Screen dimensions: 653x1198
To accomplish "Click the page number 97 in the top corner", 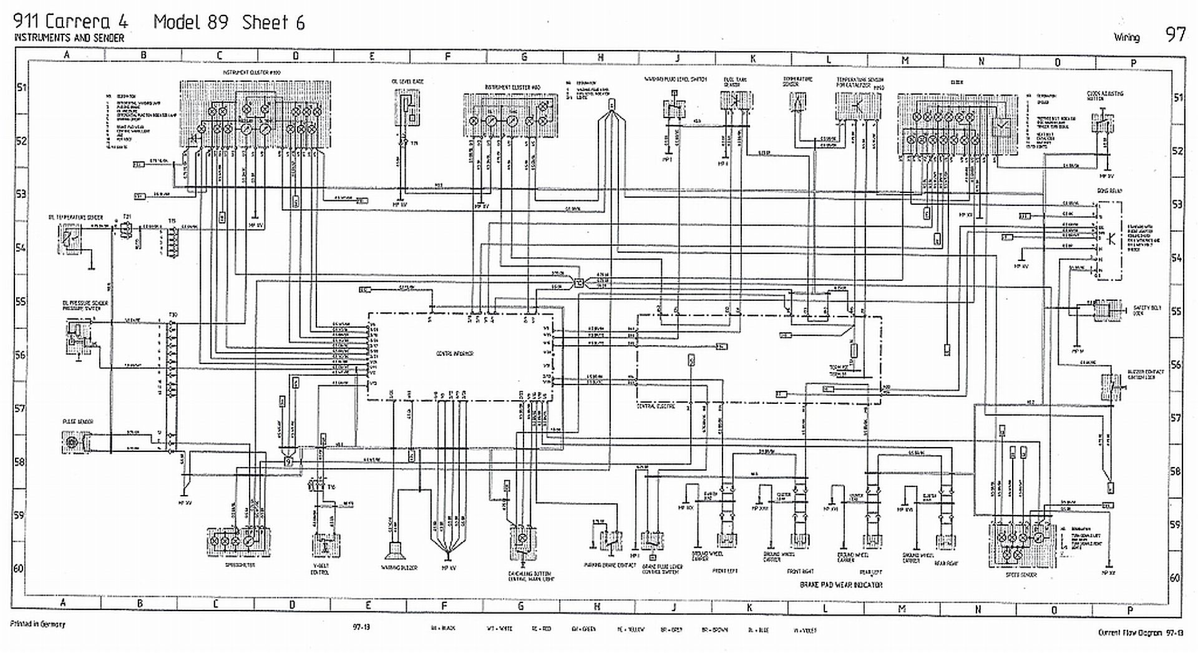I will pos(1175,34).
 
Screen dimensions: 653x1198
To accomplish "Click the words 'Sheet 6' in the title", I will pos(273,22).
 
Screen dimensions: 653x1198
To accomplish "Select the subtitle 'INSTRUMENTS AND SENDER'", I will pos(69,38).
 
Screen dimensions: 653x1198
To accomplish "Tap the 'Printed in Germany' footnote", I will pos(37,624).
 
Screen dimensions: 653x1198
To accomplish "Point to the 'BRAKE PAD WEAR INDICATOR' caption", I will pos(841,585).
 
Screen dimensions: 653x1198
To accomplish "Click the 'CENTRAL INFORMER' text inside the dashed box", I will pos(455,354).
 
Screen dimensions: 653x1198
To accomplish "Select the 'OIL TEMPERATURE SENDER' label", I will pos(75,217).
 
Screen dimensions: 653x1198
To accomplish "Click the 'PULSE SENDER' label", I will pos(78,422).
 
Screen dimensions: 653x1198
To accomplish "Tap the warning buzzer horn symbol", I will pos(394,551).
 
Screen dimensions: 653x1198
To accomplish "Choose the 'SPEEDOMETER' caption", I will pos(240,565).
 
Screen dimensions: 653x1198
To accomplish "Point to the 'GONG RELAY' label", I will pos(1109,191).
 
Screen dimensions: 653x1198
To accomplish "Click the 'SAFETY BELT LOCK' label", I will pos(1147,310).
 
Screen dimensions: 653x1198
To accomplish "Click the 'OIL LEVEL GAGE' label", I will pos(407,81).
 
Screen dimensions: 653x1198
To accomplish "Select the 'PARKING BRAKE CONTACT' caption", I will pos(610,566).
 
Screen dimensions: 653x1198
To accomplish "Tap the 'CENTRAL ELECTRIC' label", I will pos(655,406).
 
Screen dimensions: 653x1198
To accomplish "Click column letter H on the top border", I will pos(600,57).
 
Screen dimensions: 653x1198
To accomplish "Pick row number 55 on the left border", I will pos(21,302).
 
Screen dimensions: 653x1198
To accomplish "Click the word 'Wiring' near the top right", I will pos(1126,37).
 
